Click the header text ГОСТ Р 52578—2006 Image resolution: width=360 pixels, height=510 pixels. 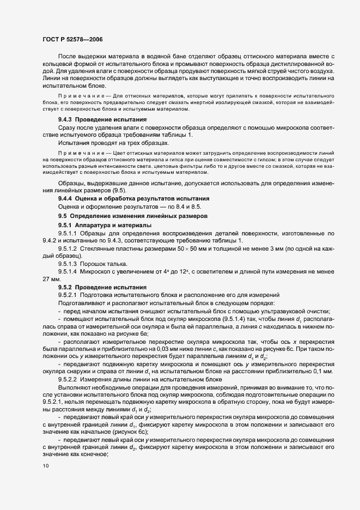(72, 39)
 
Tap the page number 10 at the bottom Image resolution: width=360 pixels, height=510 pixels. (46, 466)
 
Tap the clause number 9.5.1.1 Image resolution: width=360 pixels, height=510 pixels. (70, 233)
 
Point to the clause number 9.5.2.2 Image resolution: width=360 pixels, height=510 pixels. (70, 379)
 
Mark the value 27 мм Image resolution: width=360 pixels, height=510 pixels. (51, 278)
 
